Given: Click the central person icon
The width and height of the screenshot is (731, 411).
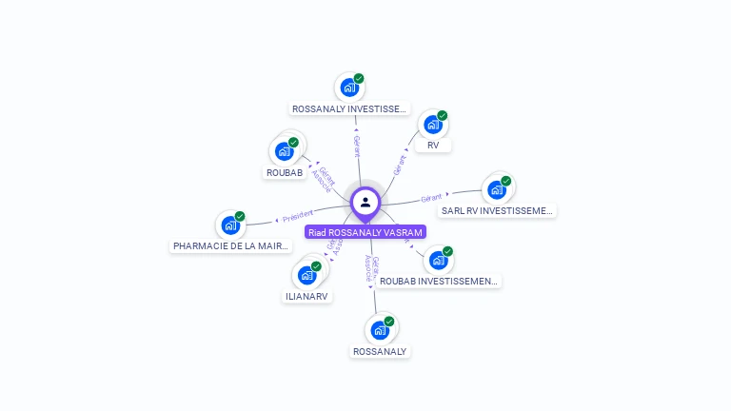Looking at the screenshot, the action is coord(365,202).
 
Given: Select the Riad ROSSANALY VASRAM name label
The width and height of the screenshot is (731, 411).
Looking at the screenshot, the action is coord(365,232).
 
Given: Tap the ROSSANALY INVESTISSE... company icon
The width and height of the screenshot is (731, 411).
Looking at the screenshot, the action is coord(349,88).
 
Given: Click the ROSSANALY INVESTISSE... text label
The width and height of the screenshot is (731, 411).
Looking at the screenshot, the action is coord(349,109).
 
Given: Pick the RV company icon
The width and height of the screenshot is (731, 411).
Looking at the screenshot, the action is coord(433,125).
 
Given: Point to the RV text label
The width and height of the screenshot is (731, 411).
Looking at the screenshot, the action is coord(433,146).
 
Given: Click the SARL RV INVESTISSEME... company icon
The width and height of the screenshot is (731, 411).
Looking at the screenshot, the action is coord(497,189).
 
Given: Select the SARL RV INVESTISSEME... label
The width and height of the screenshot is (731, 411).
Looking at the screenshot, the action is coord(498,210).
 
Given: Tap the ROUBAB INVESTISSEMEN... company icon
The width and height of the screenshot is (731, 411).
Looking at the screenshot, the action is coord(438,260).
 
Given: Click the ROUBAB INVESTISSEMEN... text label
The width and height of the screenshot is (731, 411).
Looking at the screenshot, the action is coord(438,281).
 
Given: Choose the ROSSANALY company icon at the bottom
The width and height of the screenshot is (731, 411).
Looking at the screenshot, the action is coord(380,330).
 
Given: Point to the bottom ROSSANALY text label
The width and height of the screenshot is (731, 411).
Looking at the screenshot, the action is coord(380,351).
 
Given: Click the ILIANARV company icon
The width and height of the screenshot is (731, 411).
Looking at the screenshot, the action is coord(306,275).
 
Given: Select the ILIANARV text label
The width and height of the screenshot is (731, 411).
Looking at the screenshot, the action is coord(306,296).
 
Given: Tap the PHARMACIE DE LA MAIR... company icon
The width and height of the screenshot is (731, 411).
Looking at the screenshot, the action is coord(230,225).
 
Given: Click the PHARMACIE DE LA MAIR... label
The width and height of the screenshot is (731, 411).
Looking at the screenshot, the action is coord(231,246).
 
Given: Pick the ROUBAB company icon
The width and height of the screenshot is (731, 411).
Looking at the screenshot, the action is coord(284,151).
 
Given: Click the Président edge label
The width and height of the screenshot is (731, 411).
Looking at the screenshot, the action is coord(297,215).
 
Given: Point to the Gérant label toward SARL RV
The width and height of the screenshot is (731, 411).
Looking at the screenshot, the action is coord(431,198).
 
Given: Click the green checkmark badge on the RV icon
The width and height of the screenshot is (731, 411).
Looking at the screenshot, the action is coord(443,116).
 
